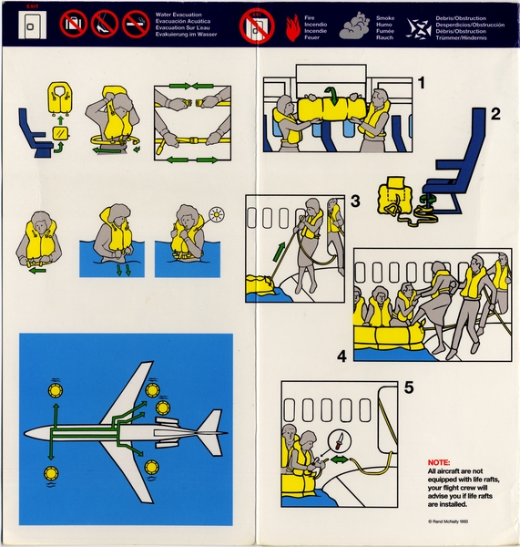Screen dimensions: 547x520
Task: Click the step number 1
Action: [422, 84]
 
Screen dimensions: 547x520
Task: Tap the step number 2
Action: [495, 115]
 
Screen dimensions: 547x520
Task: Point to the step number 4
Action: [342, 356]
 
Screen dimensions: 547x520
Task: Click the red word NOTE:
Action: [439, 463]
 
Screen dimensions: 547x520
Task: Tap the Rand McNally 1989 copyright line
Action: [454, 521]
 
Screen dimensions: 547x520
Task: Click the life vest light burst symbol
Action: [216, 215]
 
